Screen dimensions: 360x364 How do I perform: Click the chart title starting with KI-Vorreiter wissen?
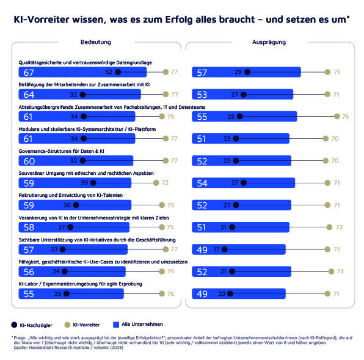click(x=181, y=20)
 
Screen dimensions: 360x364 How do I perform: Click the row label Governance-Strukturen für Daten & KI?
click(x=62, y=151)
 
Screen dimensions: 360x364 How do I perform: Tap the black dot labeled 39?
click(x=101, y=183)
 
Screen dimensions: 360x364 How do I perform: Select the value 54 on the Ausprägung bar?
click(x=202, y=183)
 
